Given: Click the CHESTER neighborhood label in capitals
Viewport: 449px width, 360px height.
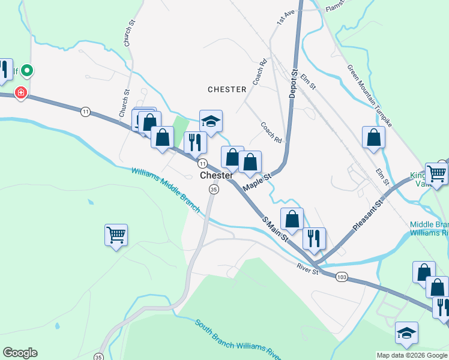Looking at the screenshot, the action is (x=227, y=89).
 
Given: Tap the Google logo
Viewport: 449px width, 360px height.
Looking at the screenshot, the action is (x=20, y=353).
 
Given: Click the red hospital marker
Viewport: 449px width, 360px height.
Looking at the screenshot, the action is (x=21, y=93).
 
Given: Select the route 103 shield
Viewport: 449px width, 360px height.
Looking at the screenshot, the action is (x=342, y=277).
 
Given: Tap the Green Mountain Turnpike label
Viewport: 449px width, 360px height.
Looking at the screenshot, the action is (x=369, y=96).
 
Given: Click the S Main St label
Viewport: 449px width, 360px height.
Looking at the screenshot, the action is (x=276, y=230).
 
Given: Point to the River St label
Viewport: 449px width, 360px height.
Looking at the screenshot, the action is (x=307, y=268).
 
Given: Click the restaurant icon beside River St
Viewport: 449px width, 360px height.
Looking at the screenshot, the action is (x=314, y=238).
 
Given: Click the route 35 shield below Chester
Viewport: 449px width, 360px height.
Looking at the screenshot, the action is (x=213, y=189).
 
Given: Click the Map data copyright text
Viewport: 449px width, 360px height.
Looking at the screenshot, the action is (x=412, y=355).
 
